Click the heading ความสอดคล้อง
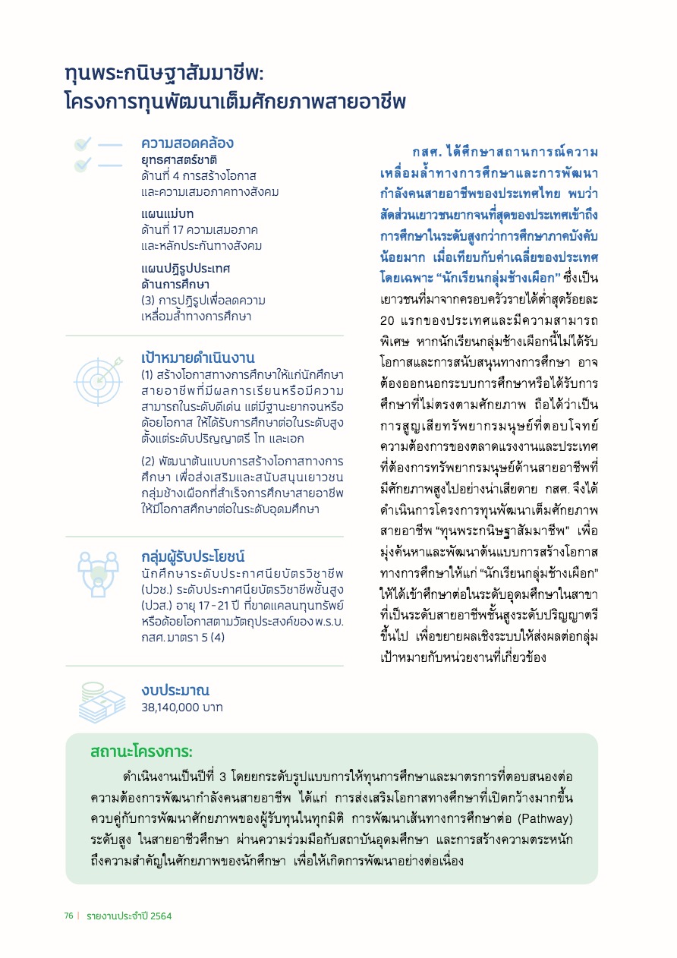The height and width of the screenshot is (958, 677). point(187,143)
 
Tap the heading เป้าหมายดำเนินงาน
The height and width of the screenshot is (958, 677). point(197,358)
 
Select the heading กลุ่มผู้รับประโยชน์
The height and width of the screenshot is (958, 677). point(193,556)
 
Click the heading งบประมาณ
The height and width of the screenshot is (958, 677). point(175,690)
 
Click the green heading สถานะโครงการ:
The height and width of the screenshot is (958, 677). point(141,752)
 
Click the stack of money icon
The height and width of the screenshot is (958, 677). point(102,703)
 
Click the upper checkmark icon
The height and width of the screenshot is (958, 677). point(83,143)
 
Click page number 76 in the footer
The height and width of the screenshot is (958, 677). point(68,916)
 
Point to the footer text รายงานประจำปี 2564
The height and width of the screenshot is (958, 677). point(129,916)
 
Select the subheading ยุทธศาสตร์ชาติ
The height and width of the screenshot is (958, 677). point(179,160)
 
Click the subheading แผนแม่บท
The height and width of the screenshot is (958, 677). point(167,213)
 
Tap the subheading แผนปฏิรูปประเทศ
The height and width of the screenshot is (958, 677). point(185,269)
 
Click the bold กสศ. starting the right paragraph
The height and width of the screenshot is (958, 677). point(427,152)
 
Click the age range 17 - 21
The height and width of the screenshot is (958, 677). point(225,605)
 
